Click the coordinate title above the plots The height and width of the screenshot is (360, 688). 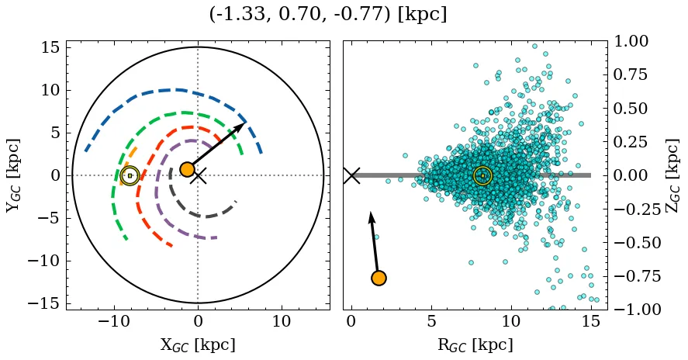tap(328, 14)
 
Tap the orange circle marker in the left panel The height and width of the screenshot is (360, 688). tap(187, 169)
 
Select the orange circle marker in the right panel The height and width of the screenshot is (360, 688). tap(379, 278)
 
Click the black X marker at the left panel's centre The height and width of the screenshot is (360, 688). tap(199, 175)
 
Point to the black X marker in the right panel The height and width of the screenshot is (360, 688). tap(351, 175)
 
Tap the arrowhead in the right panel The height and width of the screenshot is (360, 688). tap(371, 213)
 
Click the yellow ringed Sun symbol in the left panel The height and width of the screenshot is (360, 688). tap(130, 175)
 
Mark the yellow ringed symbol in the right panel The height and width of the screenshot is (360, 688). tap(482, 175)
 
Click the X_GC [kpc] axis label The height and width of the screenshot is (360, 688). tap(198, 344)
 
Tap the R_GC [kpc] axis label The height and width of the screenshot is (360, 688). tap(475, 344)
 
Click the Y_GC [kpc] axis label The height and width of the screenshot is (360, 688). tap(13, 175)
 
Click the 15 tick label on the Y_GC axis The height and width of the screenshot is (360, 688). tap(50, 47)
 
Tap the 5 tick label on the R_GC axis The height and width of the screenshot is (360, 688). tap(430, 322)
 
